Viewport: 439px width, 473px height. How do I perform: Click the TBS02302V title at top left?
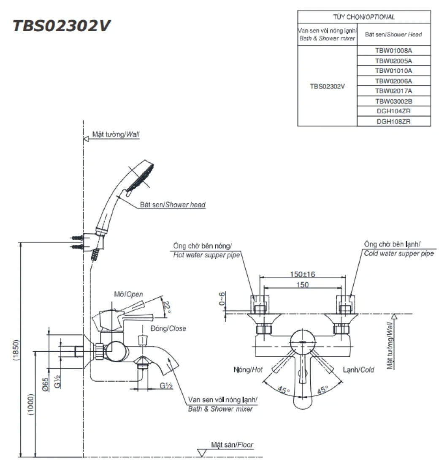coord(62,26)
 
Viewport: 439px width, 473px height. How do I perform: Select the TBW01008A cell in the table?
coord(393,50)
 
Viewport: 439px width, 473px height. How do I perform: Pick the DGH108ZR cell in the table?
coord(393,121)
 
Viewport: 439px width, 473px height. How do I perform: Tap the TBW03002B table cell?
coord(393,101)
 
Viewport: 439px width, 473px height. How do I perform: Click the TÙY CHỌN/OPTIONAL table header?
coord(364,17)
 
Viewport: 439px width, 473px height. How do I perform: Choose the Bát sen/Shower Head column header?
coord(393,34)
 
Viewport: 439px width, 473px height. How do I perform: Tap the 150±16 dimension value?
coord(302,274)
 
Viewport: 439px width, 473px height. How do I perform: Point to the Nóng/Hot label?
coord(248,370)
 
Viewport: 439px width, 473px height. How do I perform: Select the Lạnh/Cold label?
coord(358,370)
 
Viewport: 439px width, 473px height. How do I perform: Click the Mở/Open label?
coord(129,294)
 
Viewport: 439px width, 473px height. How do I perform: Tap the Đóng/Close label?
coord(168,328)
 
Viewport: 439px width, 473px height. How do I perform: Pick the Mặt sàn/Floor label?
coord(232,445)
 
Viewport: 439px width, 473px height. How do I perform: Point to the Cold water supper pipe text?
coord(398,254)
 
